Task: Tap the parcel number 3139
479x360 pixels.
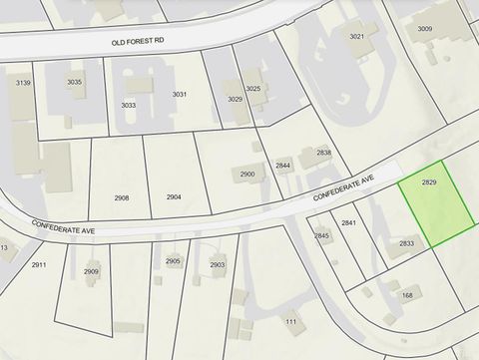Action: (24, 82)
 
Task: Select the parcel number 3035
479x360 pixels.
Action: (75, 82)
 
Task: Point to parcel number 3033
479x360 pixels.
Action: (128, 105)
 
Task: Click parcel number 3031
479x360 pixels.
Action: (180, 94)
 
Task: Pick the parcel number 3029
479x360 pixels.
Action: (236, 99)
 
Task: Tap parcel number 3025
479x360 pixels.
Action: (253, 89)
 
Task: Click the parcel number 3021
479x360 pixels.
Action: (356, 36)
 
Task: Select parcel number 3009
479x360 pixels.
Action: (425, 29)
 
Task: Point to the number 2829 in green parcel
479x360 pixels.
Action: (430, 182)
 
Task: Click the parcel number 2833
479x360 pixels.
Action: (406, 242)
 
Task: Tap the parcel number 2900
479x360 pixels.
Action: (247, 175)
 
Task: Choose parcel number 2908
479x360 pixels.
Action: (122, 197)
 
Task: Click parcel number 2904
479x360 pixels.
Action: (174, 197)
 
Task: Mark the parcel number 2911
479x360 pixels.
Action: (39, 265)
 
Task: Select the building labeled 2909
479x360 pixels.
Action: (92, 271)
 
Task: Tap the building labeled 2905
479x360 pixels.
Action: (173, 261)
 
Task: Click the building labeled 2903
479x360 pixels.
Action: (218, 264)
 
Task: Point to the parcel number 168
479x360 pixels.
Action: (406, 295)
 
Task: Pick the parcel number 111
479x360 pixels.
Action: (290, 321)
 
